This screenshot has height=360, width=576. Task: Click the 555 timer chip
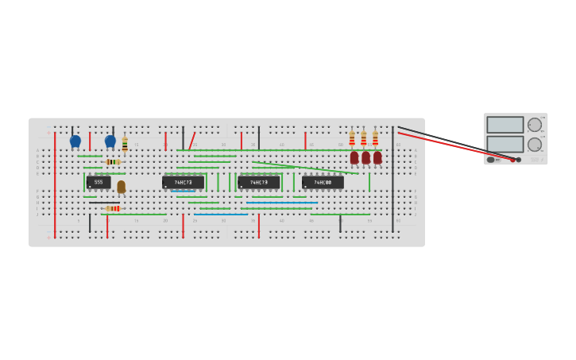click(99, 182)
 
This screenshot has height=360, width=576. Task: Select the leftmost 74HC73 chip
click(183, 182)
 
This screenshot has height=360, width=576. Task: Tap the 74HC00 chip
click(323, 182)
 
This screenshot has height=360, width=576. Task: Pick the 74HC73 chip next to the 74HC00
click(259, 182)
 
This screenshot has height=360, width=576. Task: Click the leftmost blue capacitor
click(75, 141)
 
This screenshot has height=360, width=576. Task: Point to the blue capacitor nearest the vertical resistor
click(110, 141)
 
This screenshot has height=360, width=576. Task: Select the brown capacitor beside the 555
click(121, 187)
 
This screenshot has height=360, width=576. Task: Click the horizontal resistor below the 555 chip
click(113, 208)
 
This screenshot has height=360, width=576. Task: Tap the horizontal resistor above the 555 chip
click(113, 161)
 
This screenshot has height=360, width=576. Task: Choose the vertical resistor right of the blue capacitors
click(125, 144)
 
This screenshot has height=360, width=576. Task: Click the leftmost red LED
click(354, 157)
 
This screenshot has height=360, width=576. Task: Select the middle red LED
click(365, 157)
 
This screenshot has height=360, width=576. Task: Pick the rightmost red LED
click(377, 157)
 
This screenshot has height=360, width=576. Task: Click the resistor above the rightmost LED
click(376, 139)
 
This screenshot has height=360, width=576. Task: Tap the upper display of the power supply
click(505, 125)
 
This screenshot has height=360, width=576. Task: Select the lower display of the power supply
click(505, 144)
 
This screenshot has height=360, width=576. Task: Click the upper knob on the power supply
click(535, 125)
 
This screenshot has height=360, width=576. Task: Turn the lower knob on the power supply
click(535, 145)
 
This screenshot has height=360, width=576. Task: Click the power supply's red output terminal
click(512, 160)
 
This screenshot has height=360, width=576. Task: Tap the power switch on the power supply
click(492, 160)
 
